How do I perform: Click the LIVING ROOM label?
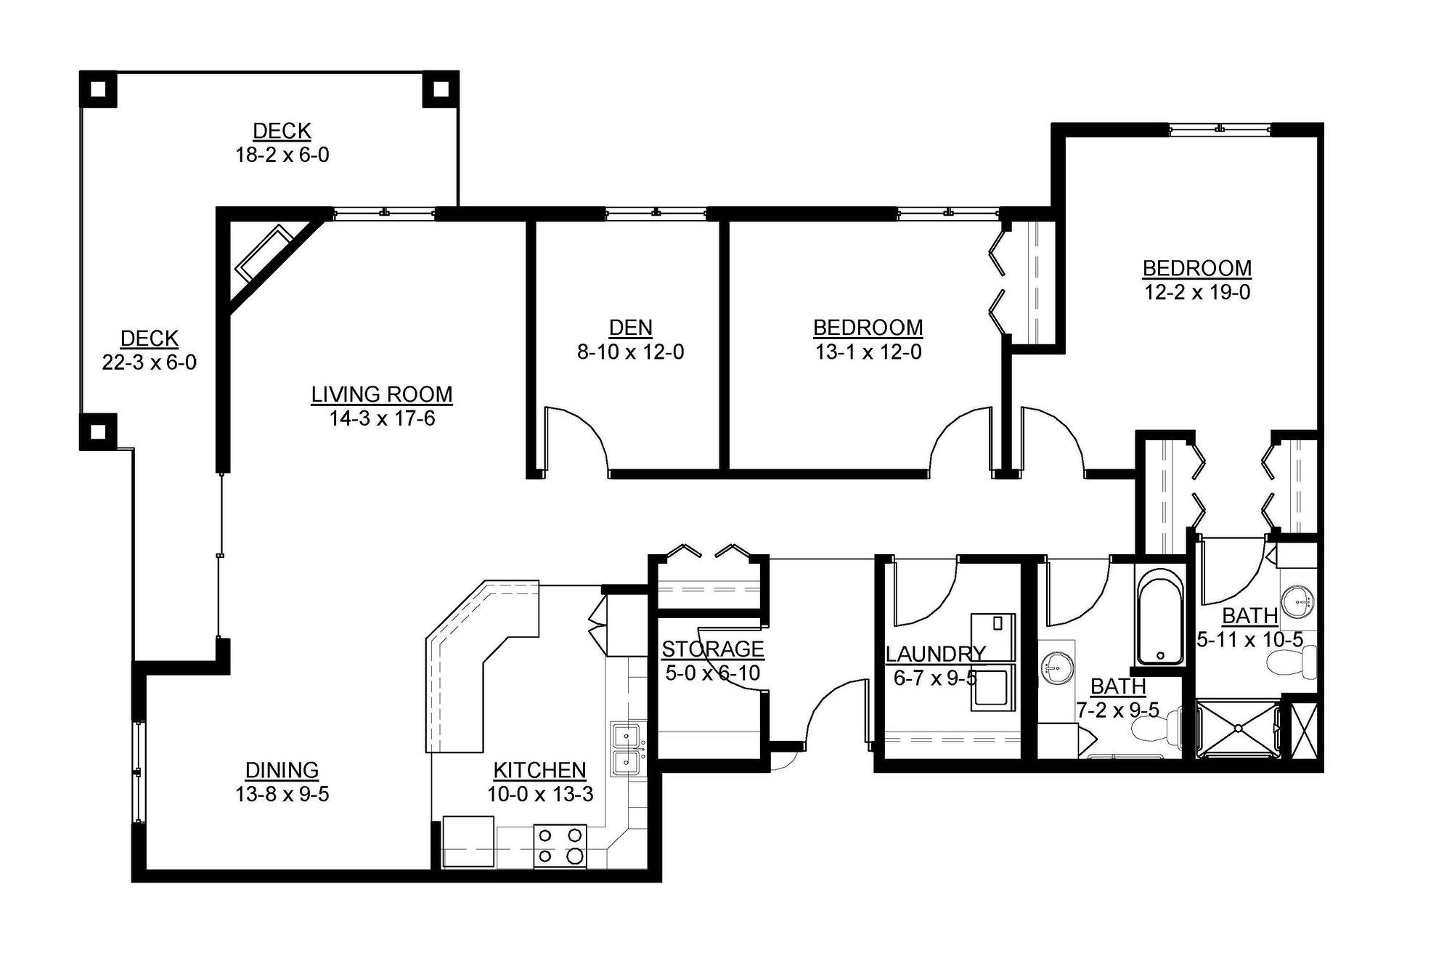click(x=382, y=394)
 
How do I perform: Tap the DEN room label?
click(x=630, y=328)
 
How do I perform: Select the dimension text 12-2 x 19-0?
click(x=1197, y=293)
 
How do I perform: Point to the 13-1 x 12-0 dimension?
click(x=868, y=352)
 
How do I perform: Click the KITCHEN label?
click(x=539, y=770)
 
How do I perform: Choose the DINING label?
click(x=282, y=770)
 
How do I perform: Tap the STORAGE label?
click(x=712, y=649)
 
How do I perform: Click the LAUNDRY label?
click(x=935, y=654)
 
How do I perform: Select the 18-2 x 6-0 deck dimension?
click(x=282, y=155)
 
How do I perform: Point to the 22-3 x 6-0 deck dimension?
click(x=149, y=362)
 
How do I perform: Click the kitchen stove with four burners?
click(x=560, y=845)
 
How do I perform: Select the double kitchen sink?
click(x=625, y=749)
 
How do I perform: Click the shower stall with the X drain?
click(x=1238, y=728)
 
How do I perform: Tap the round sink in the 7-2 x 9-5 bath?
click(x=1056, y=668)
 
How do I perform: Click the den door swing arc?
click(x=581, y=436)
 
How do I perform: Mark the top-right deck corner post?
click(x=440, y=89)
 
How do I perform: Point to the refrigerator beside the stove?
click(x=468, y=841)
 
